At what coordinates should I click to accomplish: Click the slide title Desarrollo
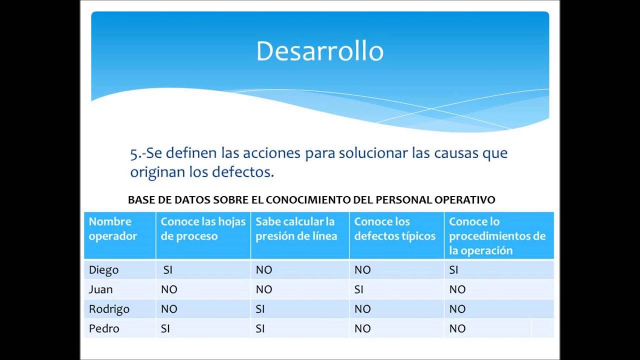click(x=319, y=51)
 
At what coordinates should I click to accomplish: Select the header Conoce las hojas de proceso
click(x=203, y=229)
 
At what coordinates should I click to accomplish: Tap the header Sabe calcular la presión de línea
click(x=296, y=229)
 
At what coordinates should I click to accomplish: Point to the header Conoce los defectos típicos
click(x=394, y=229)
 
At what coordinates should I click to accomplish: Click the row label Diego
click(x=103, y=270)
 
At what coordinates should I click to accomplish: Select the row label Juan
click(x=100, y=289)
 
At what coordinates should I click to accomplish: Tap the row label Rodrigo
click(x=109, y=309)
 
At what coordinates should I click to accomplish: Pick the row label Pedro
click(x=104, y=328)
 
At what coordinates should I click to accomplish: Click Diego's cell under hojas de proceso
click(x=168, y=270)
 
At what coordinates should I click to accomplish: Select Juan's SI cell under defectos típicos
click(x=359, y=289)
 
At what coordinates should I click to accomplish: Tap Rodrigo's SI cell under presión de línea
click(x=260, y=309)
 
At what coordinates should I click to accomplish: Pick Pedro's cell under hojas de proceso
click(x=165, y=328)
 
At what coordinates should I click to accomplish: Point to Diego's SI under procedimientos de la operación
click(x=453, y=270)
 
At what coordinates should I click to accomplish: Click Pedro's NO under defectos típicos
click(x=362, y=328)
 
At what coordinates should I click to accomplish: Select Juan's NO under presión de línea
click(x=264, y=289)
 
